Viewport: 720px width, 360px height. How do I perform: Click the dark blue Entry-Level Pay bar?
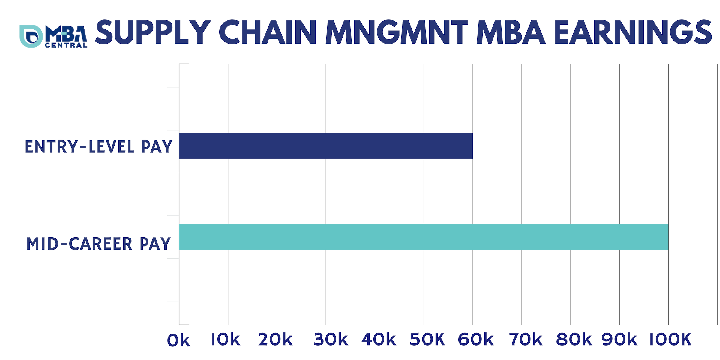(326, 146)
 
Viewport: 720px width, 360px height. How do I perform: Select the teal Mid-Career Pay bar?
(424, 237)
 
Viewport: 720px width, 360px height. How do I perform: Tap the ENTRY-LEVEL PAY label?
(98, 147)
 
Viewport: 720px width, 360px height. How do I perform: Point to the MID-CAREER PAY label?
(98, 244)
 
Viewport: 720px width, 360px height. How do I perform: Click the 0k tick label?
(178, 341)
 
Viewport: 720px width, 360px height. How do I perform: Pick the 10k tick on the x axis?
(225, 340)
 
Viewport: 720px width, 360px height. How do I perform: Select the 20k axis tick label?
(275, 340)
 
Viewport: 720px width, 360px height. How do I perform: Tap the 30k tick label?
(331, 340)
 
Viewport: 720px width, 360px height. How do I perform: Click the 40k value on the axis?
(379, 340)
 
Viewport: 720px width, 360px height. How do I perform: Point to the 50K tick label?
(427, 340)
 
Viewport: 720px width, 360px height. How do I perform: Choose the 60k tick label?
(476, 340)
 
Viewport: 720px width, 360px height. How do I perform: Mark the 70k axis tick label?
(526, 340)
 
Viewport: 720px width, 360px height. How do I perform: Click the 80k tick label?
(574, 340)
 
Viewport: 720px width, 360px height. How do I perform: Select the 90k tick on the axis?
(619, 340)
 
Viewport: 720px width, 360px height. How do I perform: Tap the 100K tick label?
(670, 340)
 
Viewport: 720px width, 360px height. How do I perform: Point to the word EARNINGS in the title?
(633, 32)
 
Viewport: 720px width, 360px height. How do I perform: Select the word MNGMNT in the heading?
(397, 32)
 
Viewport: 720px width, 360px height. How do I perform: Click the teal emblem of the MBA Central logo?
(31, 36)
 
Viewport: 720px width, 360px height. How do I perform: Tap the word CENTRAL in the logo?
(66, 45)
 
